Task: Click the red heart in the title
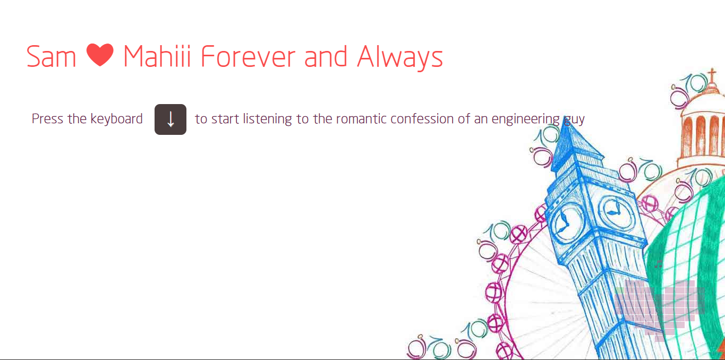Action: (x=100, y=55)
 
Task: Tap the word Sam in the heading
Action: (x=51, y=57)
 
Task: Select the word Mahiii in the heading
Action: (x=157, y=56)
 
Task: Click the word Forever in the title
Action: (x=248, y=56)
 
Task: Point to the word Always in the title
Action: (x=400, y=57)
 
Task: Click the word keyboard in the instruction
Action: (x=116, y=119)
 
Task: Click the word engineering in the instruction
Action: (x=526, y=119)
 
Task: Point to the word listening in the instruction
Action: (x=267, y=119)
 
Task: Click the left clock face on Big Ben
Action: (x=567, y=222)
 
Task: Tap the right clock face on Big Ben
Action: (x=616, y=211)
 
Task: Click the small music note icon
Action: (x=658, y=264)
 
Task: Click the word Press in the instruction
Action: (x=48, y=119)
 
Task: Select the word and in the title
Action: (x=326, y=57)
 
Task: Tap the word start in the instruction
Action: (x=225, y=119)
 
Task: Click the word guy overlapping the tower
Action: (x=575, y=120)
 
